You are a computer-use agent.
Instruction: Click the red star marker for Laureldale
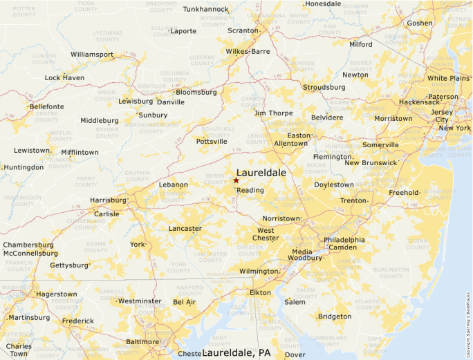tap(236, 180)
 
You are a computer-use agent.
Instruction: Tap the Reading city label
tap(250, 190)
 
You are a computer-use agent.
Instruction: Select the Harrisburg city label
tap(108, 200)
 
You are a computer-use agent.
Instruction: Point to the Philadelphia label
tap(344, 240)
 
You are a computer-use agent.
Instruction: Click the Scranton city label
tap(243, 31)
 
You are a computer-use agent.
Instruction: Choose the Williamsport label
tap(92, 54)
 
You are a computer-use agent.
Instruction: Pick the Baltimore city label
tap(142, 342)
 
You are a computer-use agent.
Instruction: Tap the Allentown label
tap(290, 144)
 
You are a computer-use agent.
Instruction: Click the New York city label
tap(454, 128)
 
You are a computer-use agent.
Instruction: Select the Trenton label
tap(353, 201)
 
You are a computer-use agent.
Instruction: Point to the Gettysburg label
tap(69, 265)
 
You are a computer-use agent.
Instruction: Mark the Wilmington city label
tap(259, 272)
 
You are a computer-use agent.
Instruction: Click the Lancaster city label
tap(185, 229)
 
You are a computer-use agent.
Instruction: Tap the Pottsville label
tap(212, 142)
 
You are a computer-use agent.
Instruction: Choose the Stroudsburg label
tap(324, 88)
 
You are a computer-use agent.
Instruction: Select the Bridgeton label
tap(335, 316)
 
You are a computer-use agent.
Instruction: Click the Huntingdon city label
tap(24, 167)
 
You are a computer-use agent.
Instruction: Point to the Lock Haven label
tap(64, 78)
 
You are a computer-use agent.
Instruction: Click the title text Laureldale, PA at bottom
tap(236, 353)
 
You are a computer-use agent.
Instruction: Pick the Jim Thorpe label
tap(274, 113)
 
